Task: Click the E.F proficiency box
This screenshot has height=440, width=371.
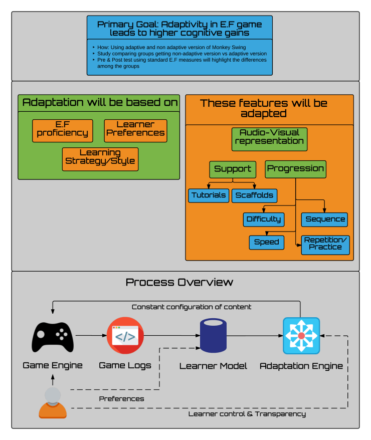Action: tap(63, 130)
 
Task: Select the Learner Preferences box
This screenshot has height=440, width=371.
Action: tap(135, 130)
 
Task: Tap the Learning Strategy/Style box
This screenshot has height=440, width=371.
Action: tap(100, 159)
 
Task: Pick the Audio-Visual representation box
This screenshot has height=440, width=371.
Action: tap(270, 139)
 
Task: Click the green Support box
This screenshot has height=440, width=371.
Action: tap(233, 169)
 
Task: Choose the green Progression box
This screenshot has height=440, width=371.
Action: tap(295, 169)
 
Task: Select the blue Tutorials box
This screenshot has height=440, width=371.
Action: tap(209, 195)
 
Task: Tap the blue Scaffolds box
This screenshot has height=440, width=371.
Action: tap(255, 195)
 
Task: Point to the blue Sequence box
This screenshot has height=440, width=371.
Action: tap(325, 219)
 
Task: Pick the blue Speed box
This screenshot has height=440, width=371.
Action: tap(266, 242)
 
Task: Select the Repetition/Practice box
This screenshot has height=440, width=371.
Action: tap(325, 244)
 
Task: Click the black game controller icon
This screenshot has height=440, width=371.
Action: tap(53, 336)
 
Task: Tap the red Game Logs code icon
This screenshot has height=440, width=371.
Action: tap(125, 336)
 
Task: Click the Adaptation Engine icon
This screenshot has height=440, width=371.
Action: tap(301, 336)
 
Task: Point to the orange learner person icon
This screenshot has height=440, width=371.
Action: tap(53, 402)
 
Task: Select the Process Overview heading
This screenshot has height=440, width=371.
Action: tap(179, 282)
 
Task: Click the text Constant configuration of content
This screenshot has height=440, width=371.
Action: tap(191, 307)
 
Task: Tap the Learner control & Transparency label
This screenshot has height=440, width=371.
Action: tap(247, 414)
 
